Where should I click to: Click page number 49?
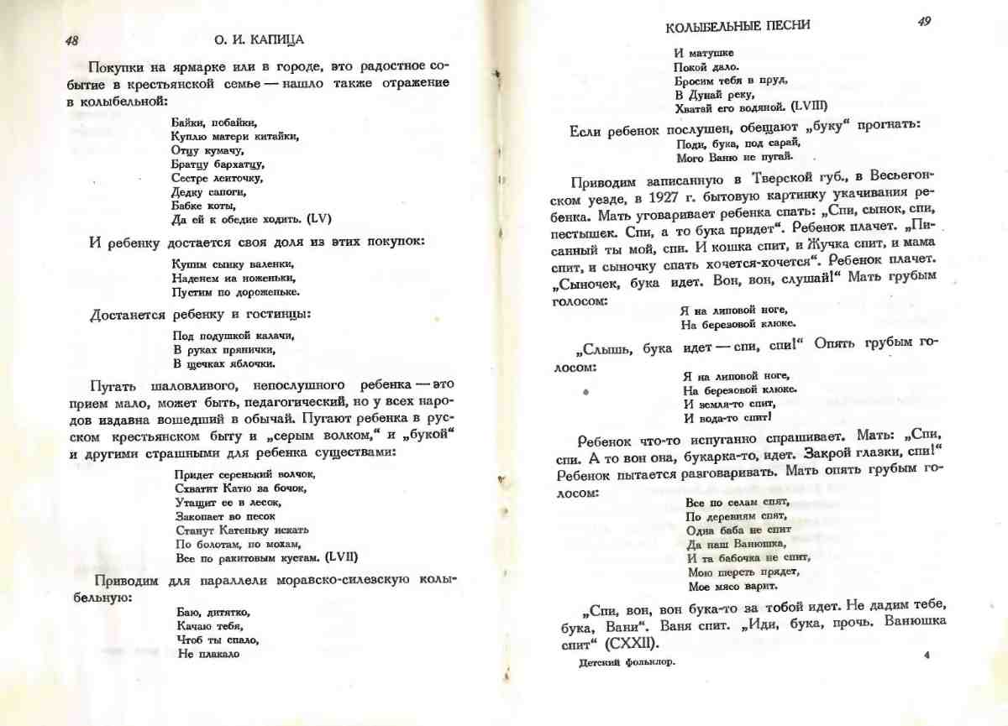pos(923,23)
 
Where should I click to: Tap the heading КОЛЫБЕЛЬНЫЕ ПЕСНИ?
pos(738,25)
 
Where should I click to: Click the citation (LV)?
pos(319,219)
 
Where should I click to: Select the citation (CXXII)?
pos(622,644)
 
